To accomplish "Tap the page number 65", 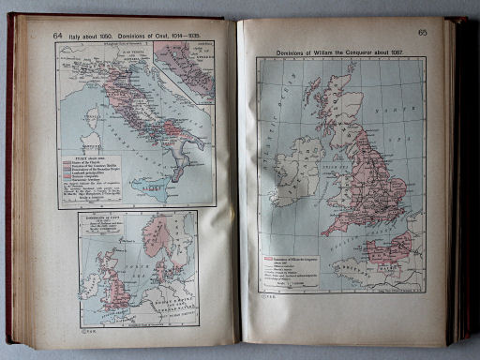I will click(423, 33).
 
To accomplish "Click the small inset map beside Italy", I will click(185, 70).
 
